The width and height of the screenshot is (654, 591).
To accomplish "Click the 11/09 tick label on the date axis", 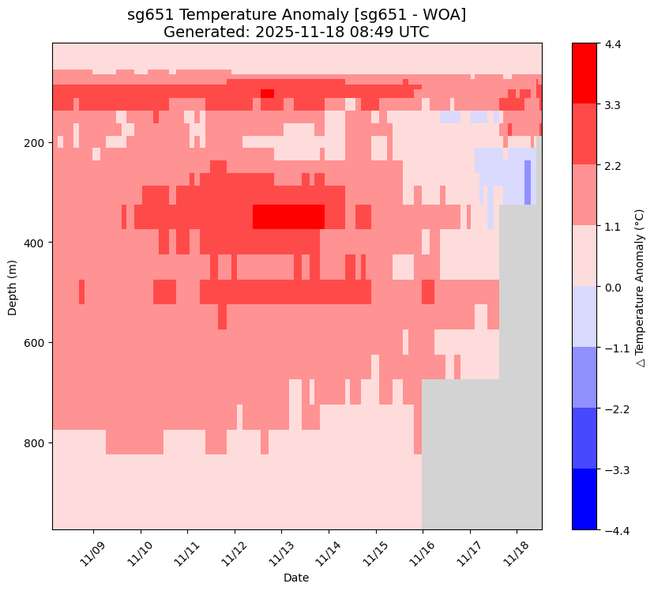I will tap(95, 550).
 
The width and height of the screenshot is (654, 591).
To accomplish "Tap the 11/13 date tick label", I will tap(283, 550).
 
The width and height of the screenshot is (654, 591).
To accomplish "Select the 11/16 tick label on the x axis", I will tap(423, 550).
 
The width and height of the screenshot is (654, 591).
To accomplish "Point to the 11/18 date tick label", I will tap(517, 550).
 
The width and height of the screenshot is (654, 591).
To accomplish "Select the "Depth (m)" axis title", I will tap(13, 286).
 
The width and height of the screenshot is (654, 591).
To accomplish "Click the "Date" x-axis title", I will tap(297, 578).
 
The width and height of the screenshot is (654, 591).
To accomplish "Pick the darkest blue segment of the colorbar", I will tap(584, 499).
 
